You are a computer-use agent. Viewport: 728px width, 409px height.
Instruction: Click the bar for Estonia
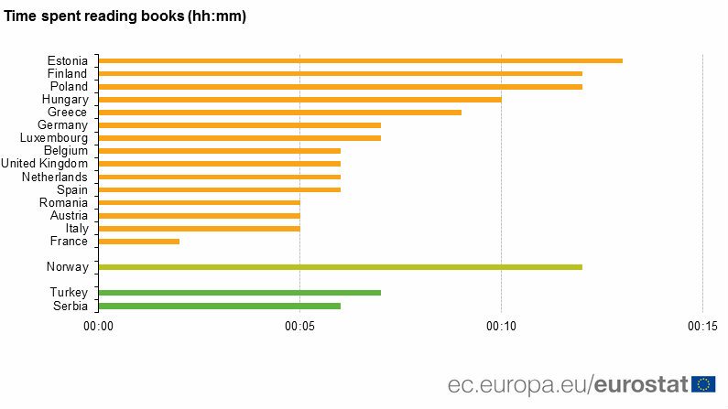click(x=360, y=60)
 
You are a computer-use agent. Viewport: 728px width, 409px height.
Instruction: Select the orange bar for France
click(x=139, y=242)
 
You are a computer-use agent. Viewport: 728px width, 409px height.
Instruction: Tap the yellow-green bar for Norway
click(x=340, y=267)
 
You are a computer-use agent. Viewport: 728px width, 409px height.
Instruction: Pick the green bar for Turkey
click(x=239, y=293)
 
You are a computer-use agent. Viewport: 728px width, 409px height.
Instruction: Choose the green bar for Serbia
click(x=219, y=306)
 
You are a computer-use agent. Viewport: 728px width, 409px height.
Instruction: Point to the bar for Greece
click(x=279, y=113)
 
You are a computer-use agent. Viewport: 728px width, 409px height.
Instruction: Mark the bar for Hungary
click(x=299, y=99)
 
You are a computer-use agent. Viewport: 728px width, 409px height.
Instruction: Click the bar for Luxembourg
click(x=239, y=138)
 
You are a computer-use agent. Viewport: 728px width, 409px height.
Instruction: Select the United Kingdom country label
click(x=44, y=164)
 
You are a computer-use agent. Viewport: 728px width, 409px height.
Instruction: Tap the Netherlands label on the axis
click(x=55, y=177)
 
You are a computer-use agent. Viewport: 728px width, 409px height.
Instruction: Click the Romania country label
click(x=63, y=202)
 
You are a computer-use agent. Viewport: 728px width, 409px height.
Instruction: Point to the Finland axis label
click(x=67, y=73)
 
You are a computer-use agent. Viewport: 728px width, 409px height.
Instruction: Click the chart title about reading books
click(x=125, y=16)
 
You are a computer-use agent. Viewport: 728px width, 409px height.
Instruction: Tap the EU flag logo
click(x=704, y=383)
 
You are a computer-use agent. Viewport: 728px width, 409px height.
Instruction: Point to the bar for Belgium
click(x=219, y=151)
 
